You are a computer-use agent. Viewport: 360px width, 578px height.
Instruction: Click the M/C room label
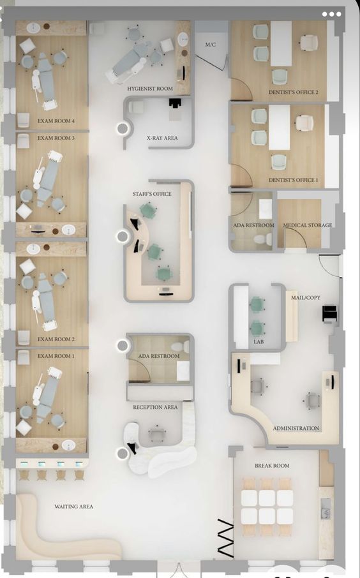[211, 45]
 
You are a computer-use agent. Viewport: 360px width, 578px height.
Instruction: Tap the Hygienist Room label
[150, 89]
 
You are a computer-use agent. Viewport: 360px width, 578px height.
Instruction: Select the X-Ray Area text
[162, 138]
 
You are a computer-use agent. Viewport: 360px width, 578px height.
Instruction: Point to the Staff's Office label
[152, 193]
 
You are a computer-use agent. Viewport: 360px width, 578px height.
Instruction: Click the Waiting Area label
[74, 507]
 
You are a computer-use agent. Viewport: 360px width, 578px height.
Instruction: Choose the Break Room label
[272, 466]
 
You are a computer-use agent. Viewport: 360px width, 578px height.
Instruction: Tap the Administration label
[296, 428]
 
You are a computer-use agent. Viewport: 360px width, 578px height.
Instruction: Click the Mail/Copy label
[306, 297]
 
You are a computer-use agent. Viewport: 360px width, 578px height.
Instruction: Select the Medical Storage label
[308, 225]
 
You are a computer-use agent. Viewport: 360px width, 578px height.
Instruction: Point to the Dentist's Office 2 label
[293, 92]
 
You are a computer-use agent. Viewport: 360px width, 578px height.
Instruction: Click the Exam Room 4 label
[56, 121]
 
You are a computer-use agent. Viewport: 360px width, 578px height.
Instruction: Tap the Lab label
[259, 342]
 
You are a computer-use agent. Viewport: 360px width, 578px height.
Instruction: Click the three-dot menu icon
[332, 15]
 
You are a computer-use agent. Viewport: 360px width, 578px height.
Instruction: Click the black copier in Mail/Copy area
[330, 314]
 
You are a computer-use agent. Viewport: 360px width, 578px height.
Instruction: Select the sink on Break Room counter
[326, 513]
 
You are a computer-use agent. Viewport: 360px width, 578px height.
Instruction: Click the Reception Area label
[155, 407]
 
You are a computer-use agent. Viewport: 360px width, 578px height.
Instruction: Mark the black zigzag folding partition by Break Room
[225, 538]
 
